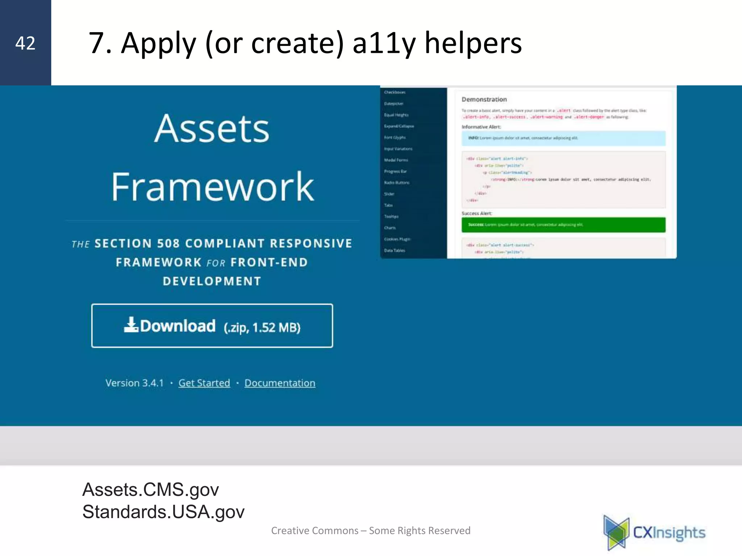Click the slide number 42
[x=25, y=43]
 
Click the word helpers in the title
[x=473, y=43]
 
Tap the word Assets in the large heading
[x=212, y=129]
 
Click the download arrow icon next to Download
[x=131, y=325]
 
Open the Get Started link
[x=204, y=383]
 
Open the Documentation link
[x=280, y=383]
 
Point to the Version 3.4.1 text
[x=134, y=383]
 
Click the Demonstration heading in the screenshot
[x=484, y=99]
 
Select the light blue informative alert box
[x=563, y=138]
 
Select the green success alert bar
[x=563, y=225]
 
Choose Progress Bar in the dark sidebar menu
[x=395, y=171]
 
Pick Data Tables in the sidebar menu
[x=395, y=250]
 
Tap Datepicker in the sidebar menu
[x=393, y=104]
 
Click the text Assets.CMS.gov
[x=150, y=490]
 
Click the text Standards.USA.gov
[x=163, y=512]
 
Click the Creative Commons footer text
[x=371, y=531]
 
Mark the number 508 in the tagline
[x=168, y=243]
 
